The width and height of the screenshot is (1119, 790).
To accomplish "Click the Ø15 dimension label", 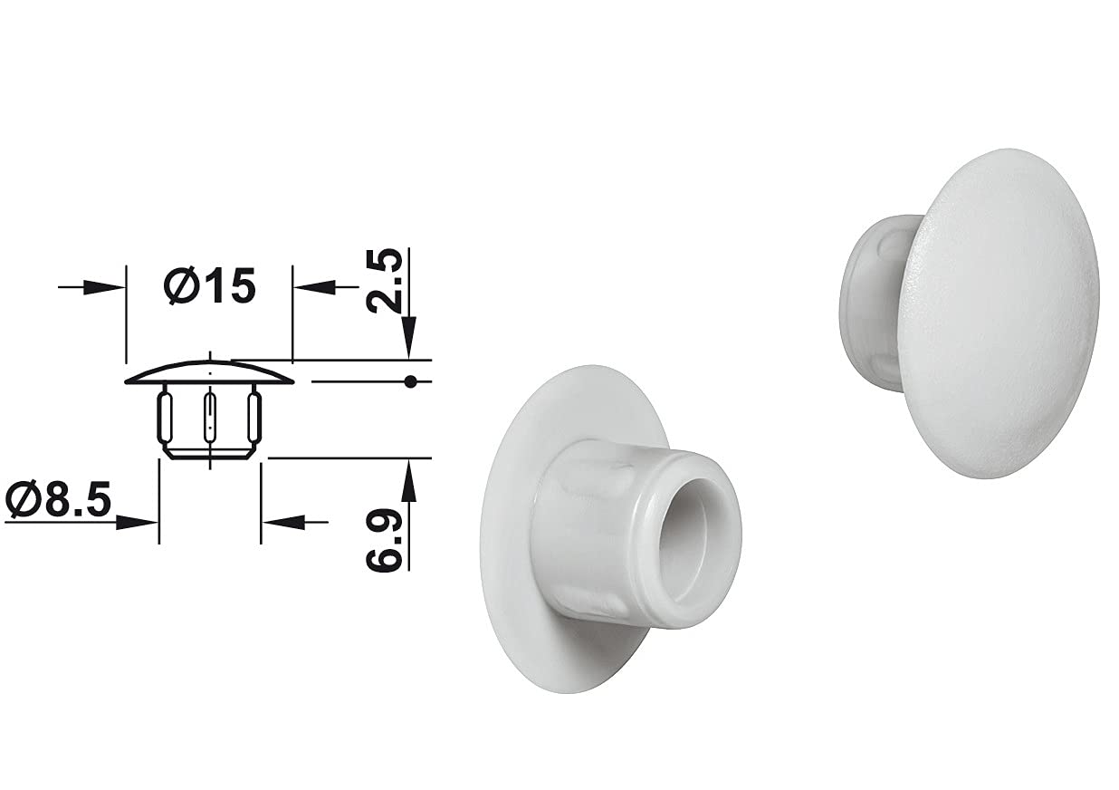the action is [210, 286].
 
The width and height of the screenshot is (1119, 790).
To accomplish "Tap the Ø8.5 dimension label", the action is [58, 499].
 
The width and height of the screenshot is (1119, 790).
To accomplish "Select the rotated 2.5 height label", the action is [384, 281].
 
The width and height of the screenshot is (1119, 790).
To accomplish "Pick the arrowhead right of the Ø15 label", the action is [314, 287].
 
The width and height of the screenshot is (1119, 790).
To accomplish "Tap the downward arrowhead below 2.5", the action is [409, 336].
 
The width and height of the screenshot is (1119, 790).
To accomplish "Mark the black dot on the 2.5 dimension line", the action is [410, 382].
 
